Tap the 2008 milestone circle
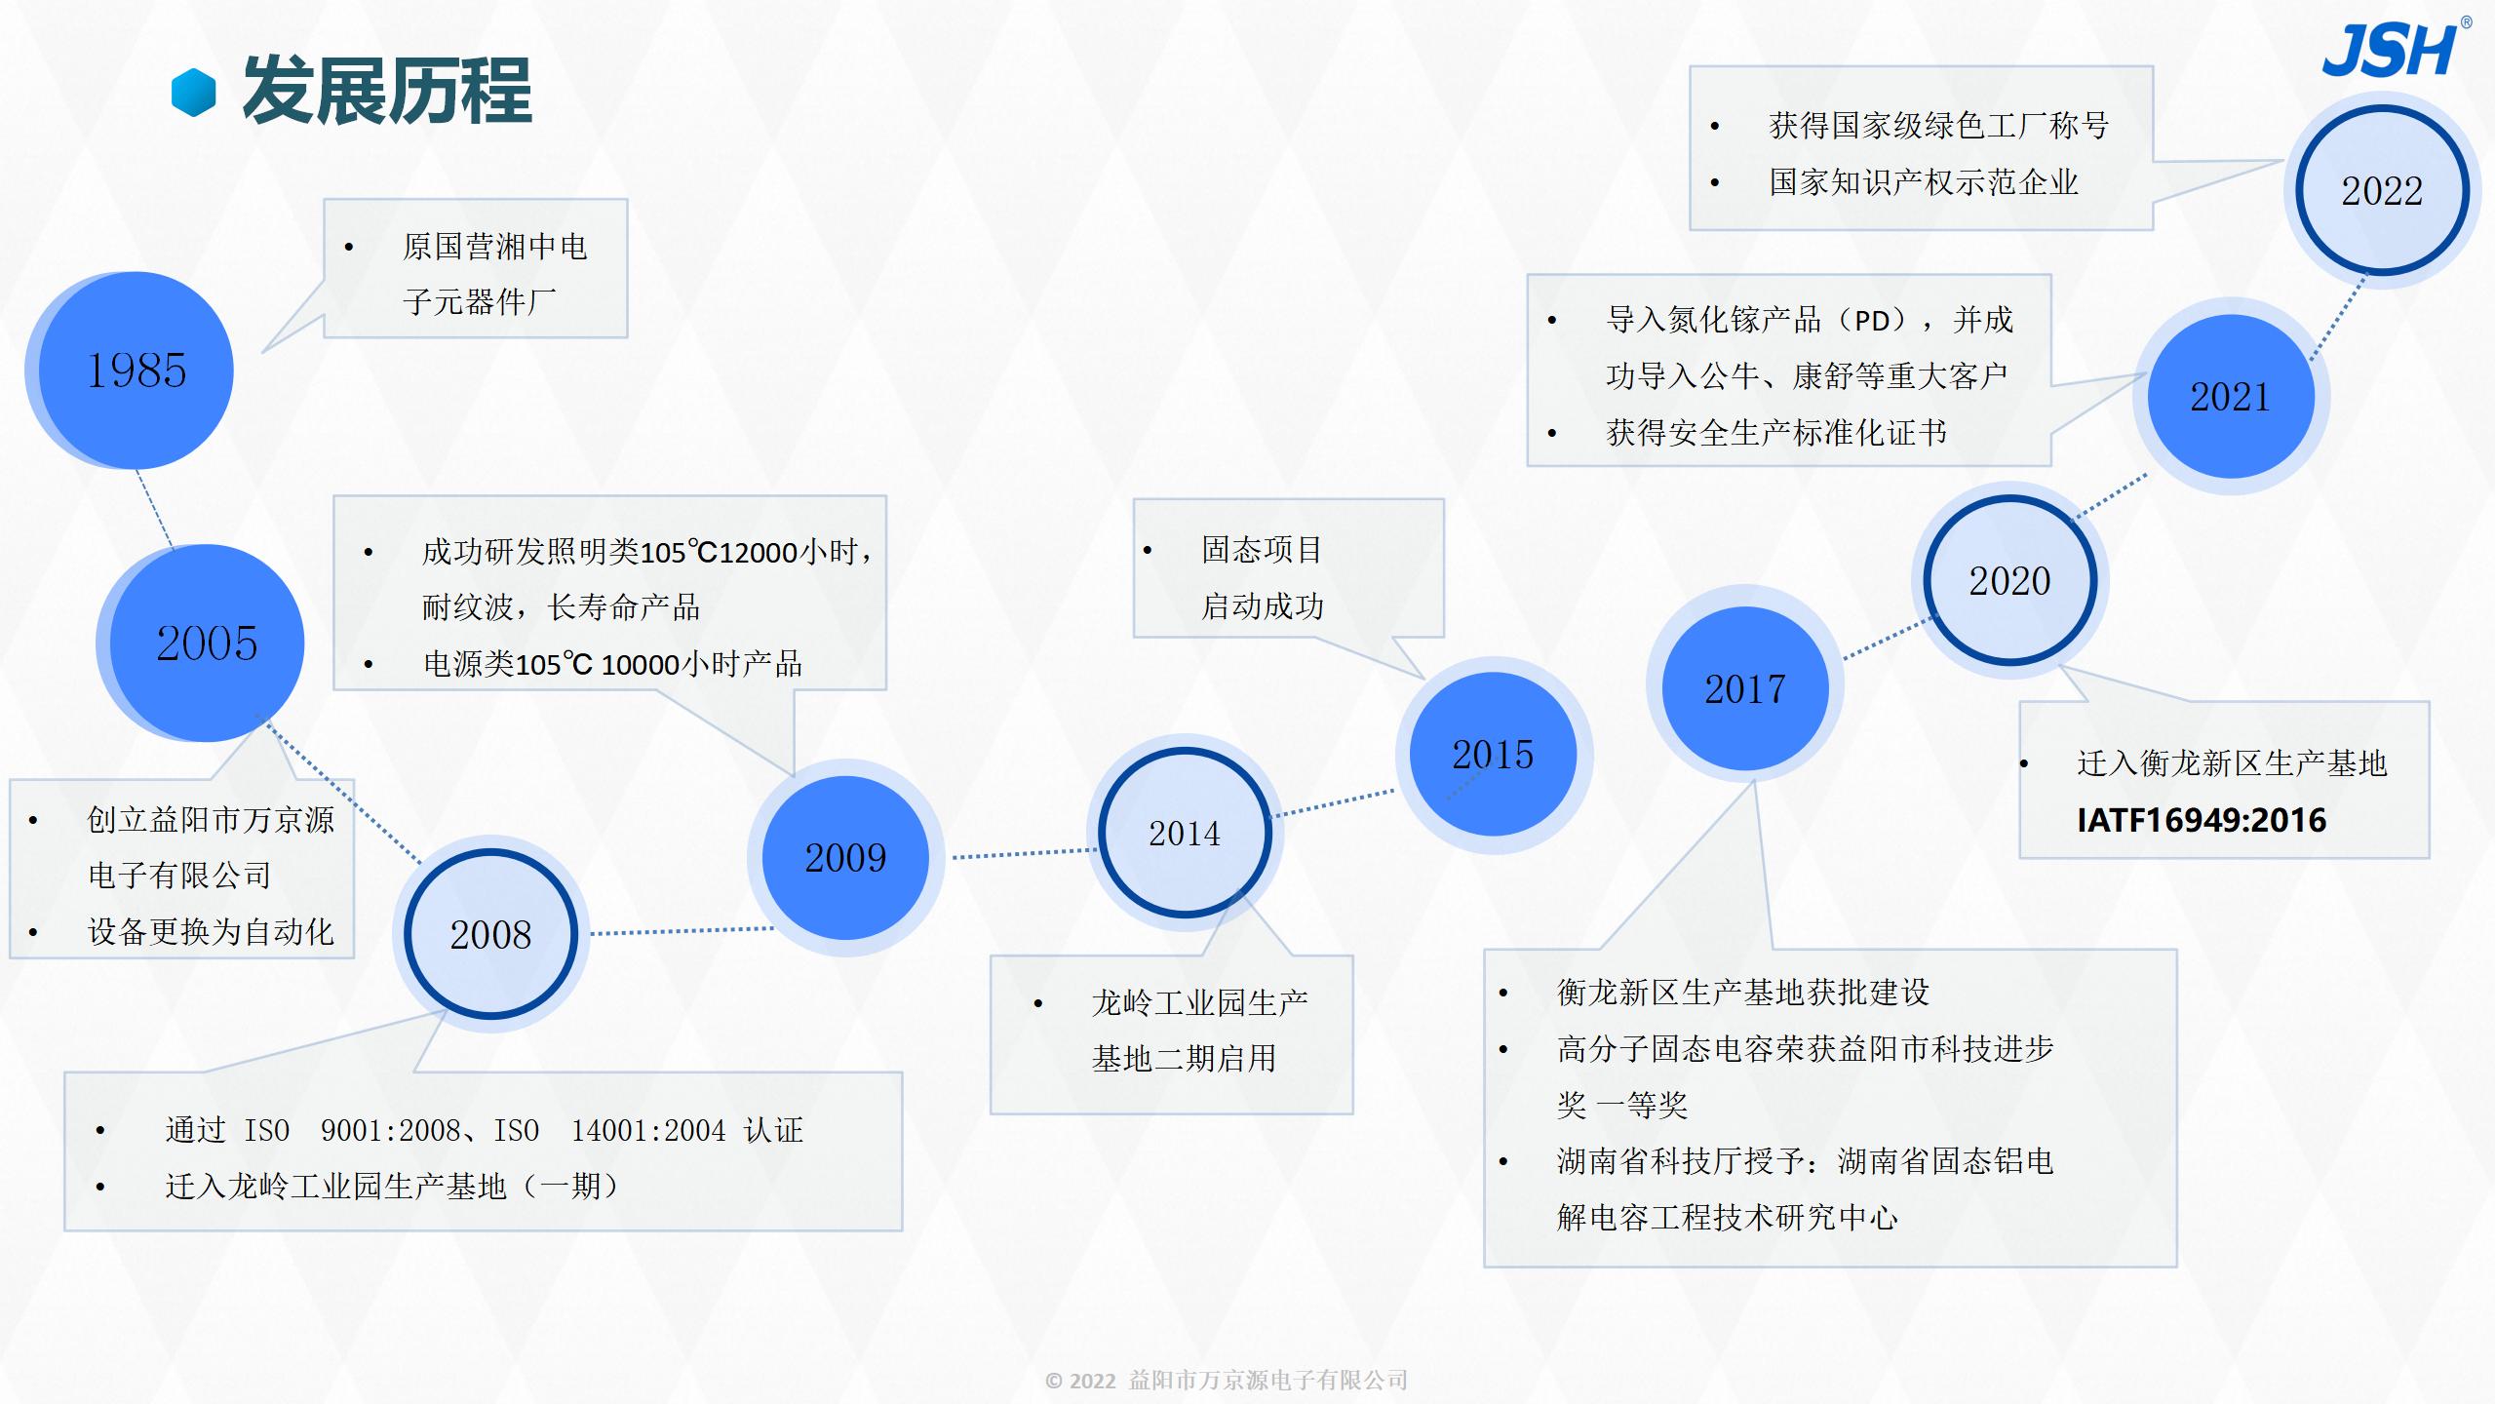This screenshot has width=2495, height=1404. click(490, 934)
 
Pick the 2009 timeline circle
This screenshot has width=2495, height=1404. click(845, 858)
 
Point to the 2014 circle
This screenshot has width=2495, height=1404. click(1185, 833)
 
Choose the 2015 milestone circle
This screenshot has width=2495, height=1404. click(1493, 755)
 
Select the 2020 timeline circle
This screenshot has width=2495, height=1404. click(2010, 580)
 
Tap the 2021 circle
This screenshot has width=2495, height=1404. click(2231, 396)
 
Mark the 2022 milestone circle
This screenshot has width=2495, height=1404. click(2382, 190)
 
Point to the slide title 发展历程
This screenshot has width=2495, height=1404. click(387, 91)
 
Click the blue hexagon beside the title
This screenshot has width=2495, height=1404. click(193, 93)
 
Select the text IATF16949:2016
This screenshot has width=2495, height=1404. click(2202, 820)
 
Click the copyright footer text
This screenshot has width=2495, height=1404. click(1227, 1380)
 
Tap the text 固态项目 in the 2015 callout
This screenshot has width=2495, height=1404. click(1262, 550)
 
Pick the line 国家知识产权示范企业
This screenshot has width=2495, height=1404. click(1924, 182)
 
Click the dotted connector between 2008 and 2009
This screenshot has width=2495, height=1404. click(682, 931)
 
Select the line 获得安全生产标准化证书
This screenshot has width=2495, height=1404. click(1776, 432)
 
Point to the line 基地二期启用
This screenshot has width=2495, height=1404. click(1184, 1058)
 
